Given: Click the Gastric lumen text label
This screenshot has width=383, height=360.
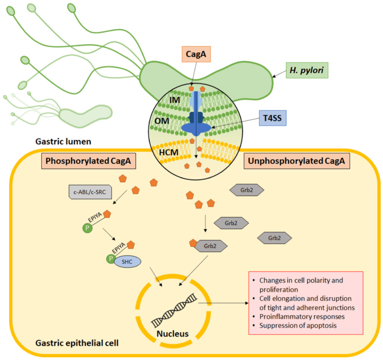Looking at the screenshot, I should [x=63, y=142].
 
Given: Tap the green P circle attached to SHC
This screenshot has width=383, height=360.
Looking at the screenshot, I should [x=110, y=258].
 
